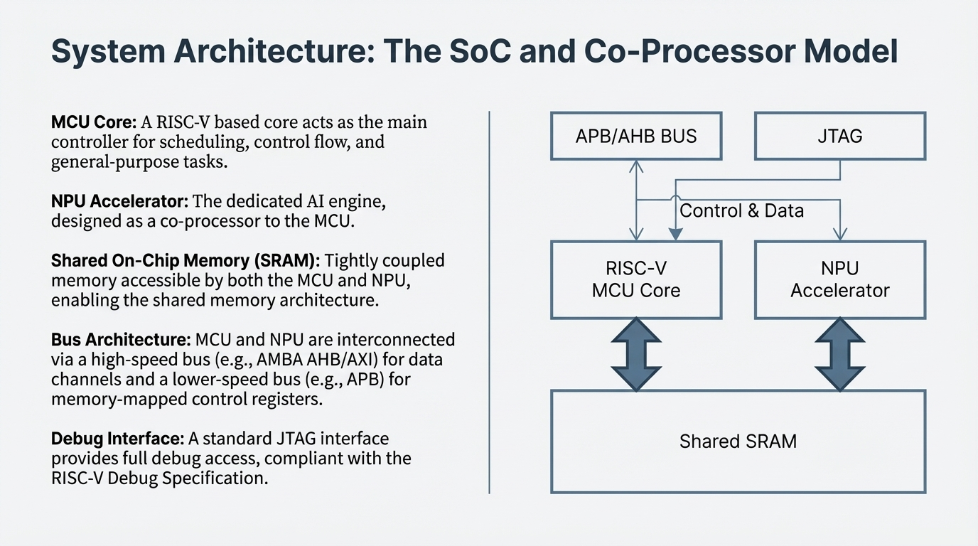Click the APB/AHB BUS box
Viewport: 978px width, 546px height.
(636, 135)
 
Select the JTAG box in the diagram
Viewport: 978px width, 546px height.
(839, 135)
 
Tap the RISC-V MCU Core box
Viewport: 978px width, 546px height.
(636, 279)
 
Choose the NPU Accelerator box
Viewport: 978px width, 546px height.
(839, 279)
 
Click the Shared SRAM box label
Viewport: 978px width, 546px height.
(738, 441)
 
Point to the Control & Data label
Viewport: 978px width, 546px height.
(741, 210)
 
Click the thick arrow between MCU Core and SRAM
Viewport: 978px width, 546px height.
(636, 354)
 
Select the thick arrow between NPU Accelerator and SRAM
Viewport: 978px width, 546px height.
(839, 354)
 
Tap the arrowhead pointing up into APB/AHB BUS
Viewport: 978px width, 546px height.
(636, 166)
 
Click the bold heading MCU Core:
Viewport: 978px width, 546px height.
(93, 122)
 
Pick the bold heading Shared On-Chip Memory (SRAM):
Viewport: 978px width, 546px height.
(185, 261)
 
